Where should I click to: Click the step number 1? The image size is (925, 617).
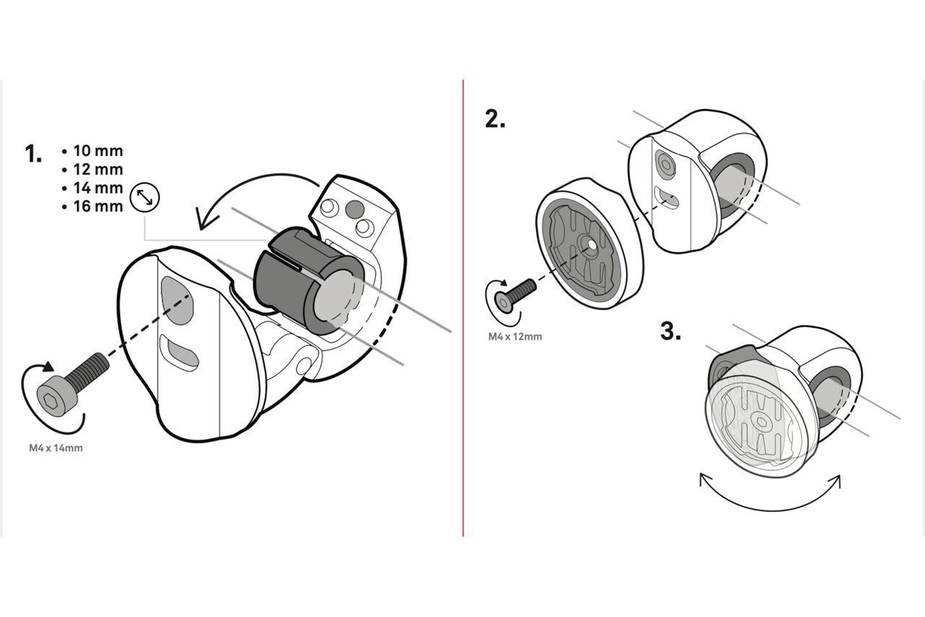33,154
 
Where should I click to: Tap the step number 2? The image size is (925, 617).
495,119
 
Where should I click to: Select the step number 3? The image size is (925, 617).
671,332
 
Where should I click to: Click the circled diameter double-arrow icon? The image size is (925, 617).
145,197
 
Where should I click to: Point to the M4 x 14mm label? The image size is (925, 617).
56,448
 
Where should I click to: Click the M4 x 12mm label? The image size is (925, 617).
515,337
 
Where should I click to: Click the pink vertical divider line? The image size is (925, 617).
463,308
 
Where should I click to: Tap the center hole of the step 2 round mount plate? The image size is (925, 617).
592,244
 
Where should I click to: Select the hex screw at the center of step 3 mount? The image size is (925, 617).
761,421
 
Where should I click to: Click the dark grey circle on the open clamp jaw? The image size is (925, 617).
353,209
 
